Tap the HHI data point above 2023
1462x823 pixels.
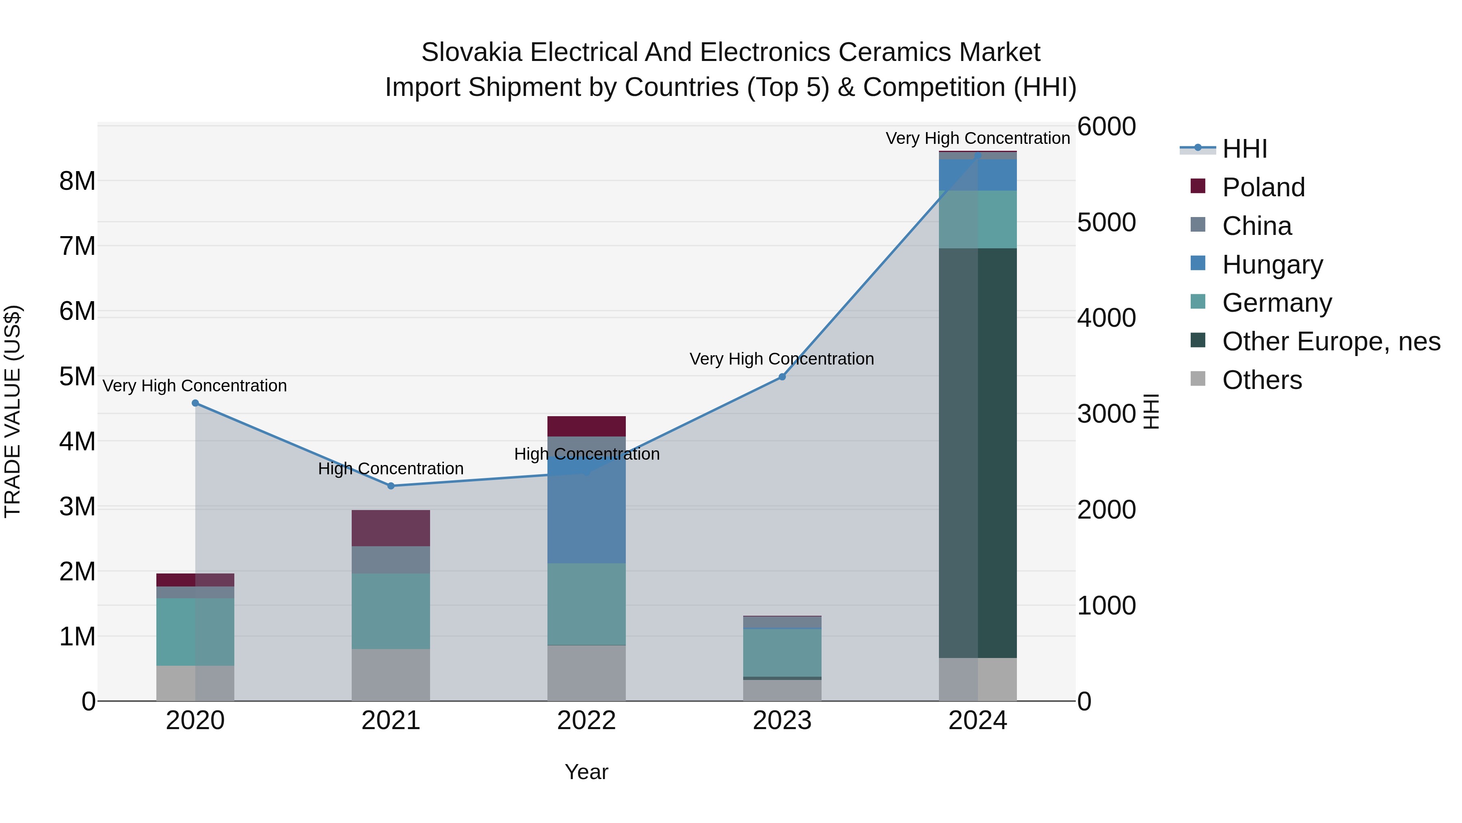pyautogui.click(x=782, y=377)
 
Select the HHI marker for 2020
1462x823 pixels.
pyautogui.click(x=195, y=403)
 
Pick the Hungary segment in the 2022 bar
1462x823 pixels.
pyautogui.click(x=586, y=511)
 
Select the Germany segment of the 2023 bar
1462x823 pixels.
pyautogui.click(x=782, y=653)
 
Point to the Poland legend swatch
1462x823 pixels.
pyautogui.click(x=1198, y=186)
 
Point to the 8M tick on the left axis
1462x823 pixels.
pyautogui.click(x=77, y=181)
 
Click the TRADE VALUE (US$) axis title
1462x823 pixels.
pyautogui.click(x=13, y=411)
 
